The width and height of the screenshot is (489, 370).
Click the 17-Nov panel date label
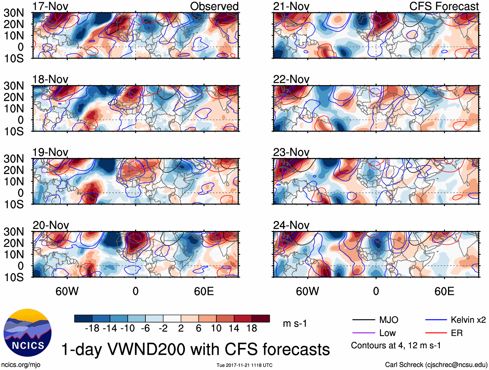coord(50,6)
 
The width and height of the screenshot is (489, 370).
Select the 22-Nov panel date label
coord(291,79)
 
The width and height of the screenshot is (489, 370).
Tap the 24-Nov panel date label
coord(291,225)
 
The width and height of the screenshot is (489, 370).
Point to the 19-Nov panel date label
coord(50,152)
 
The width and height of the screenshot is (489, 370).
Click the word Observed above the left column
coord(214,6)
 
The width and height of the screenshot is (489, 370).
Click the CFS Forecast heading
coord(444,6)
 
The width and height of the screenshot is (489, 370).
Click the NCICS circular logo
coord(28,333)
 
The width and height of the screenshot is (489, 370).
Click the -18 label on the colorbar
coord(92,328)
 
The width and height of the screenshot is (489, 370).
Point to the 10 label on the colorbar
coord(216,328)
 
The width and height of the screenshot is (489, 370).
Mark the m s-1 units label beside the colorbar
coord(295,323)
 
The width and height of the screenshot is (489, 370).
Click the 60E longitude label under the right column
coord(444,291)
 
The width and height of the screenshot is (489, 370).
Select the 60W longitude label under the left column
coord(67,291)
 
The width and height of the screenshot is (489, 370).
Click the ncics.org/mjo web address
coord(21,364)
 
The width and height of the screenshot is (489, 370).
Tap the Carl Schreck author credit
coord(436,364)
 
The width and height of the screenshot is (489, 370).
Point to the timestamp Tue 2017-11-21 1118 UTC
coord(245,365)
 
